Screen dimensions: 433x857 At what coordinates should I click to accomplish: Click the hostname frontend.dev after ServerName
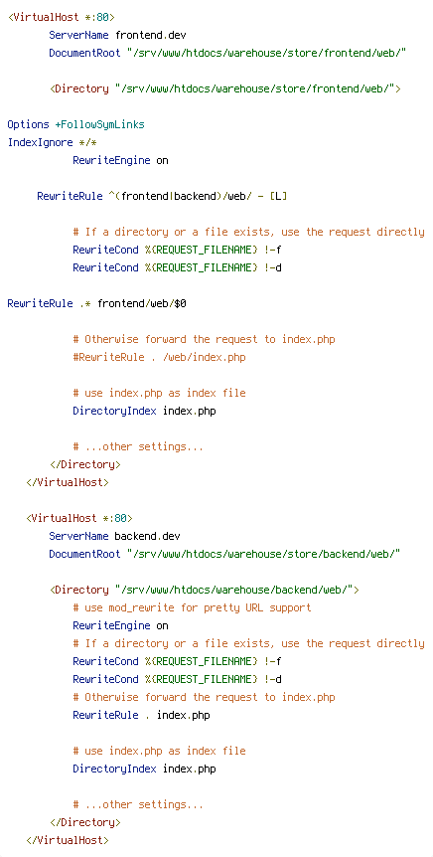(x=151, y=36)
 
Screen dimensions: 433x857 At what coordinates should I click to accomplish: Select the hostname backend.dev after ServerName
(x=147, y=536)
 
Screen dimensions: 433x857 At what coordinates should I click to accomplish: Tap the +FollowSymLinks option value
(x=100, y=125)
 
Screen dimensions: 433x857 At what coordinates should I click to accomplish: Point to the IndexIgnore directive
(x=41, y=142)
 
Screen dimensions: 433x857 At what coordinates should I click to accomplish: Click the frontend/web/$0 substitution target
(x=142, y=303)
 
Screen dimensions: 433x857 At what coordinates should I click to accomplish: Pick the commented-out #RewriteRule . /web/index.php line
(x=160, y=358)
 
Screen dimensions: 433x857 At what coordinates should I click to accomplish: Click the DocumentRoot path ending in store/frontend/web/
(x=266, y=54)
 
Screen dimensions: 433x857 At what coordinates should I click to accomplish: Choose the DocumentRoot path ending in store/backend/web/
(x=264, y=554)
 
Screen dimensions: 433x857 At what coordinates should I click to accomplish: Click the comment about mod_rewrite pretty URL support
(x=193, y=607)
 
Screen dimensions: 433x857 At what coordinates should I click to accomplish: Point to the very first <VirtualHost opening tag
(x=62, y=18)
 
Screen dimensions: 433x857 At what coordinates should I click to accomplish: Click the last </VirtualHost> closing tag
(x=68, y=840)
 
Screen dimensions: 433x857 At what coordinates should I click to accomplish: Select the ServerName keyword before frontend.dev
(x=79, y=36)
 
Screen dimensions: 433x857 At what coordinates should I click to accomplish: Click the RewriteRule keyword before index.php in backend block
(x=105, y=715)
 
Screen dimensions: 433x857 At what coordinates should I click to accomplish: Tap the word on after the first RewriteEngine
(x=162, y=161)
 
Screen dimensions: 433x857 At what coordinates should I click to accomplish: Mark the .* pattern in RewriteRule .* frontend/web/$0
(x=85, y=303)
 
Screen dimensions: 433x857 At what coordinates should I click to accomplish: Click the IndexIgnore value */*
(x=88, y=142)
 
